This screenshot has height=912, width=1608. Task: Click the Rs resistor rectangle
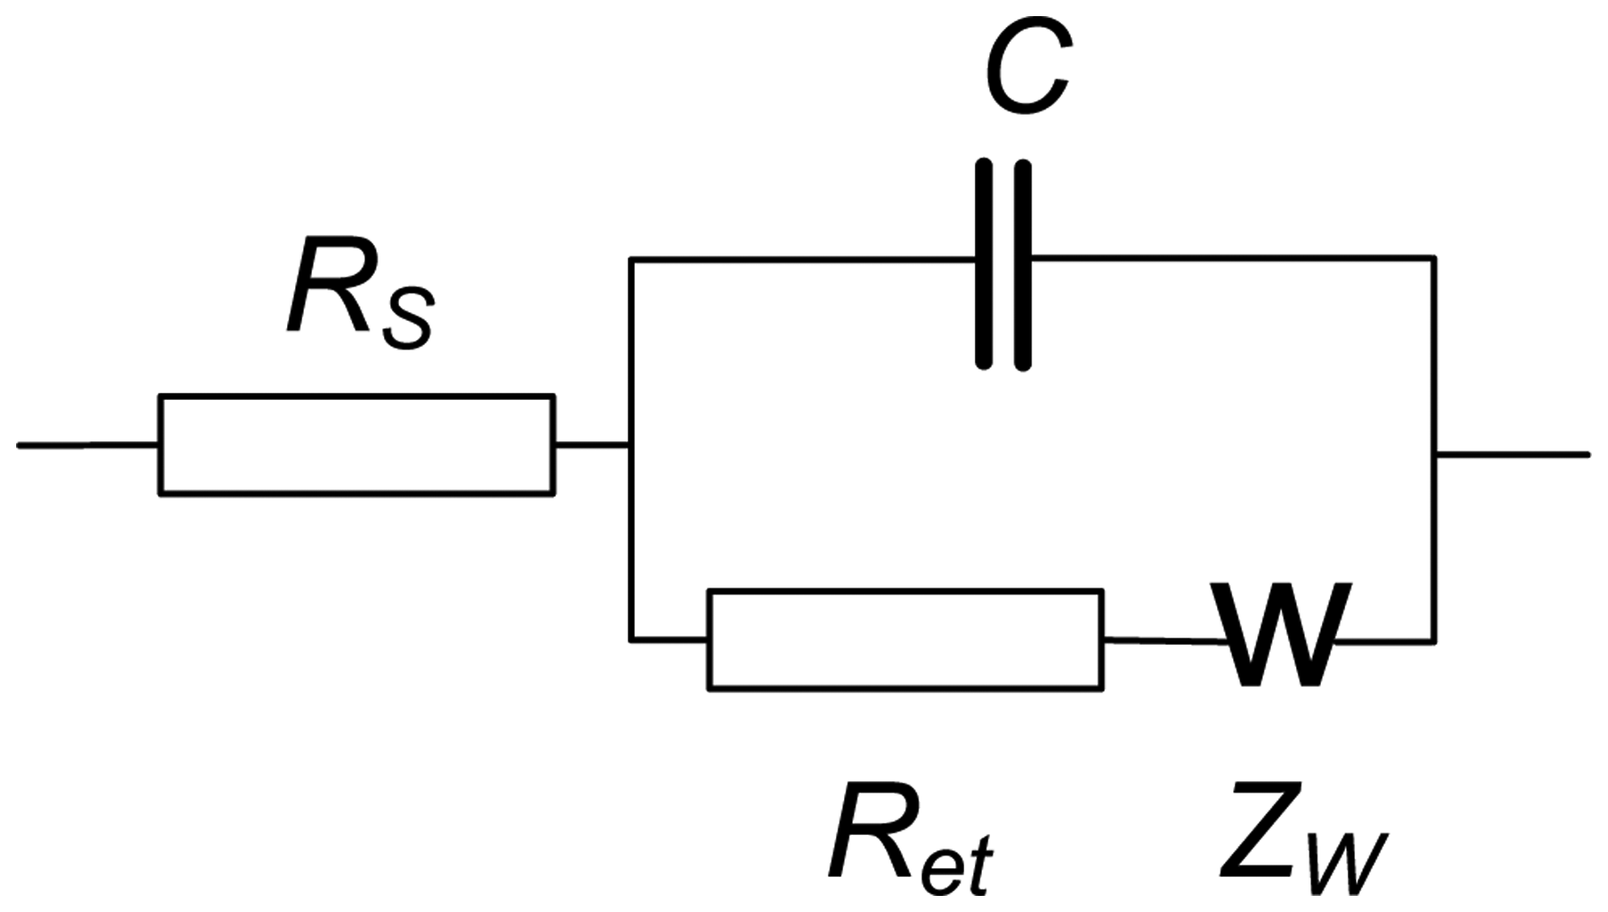point(356,444)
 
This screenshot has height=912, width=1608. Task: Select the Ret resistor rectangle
point(905,639)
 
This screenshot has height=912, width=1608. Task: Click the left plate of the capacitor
point(984,264)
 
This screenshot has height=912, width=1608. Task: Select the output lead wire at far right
point(1512,455)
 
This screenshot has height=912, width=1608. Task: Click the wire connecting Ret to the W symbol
point(1161,640)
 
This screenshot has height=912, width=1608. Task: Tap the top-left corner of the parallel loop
point(631,260)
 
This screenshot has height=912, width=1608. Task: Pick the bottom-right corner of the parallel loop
point(1434,640)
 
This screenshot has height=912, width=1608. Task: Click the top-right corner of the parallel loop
point(1434,258)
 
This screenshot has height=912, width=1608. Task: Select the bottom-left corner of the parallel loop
point(631,639)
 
